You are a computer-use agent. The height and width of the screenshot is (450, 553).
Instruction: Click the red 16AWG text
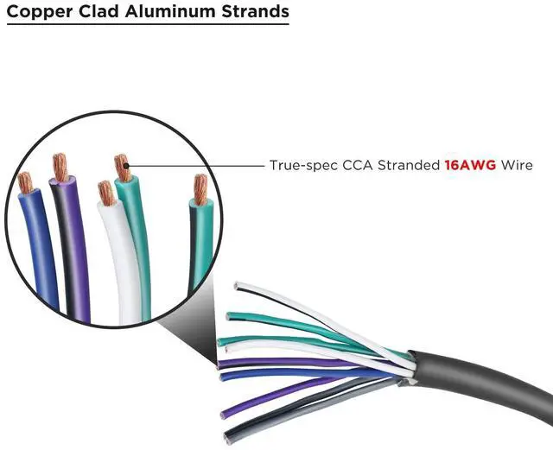pos(470,163)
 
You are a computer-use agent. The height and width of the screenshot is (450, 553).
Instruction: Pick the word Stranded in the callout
pos(407,163)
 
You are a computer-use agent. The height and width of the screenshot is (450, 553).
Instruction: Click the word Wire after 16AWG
pos(517,163)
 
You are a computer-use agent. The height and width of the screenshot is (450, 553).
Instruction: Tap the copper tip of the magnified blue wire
pos(25,182)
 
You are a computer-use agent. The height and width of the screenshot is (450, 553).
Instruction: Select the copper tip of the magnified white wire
pos(106,193)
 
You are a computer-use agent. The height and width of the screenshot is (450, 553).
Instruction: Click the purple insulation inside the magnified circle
pos(76,250)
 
